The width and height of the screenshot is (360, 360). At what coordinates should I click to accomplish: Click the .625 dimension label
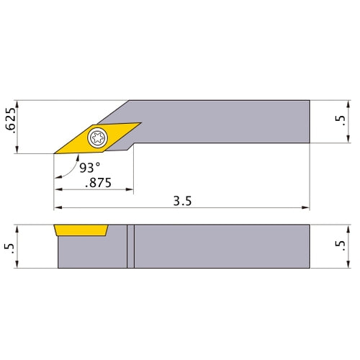tap(9, 126)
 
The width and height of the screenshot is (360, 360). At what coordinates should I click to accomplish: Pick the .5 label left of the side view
tap(9, 246)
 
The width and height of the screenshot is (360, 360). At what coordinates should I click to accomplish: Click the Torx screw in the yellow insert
tap(96, 137)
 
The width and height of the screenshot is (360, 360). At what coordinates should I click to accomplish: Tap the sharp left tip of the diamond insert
tap(55, 153)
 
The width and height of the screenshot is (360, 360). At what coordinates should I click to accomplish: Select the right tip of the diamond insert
tap(140, 122)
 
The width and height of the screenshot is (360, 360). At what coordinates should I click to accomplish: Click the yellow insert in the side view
tap(81, 230)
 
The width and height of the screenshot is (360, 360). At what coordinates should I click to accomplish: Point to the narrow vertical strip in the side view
tap(130, 246)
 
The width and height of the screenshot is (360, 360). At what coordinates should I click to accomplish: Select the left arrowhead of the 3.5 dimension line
tap(58, 209)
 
